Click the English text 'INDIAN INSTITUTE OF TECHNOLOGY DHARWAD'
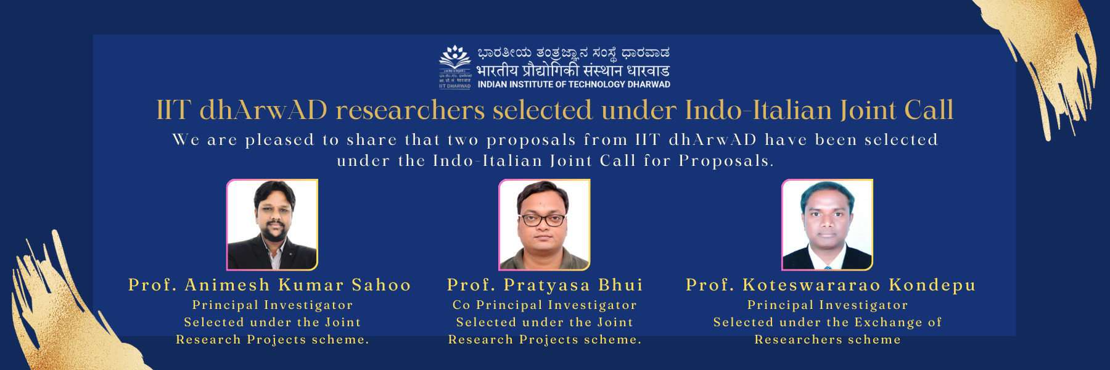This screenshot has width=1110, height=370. [573, 84]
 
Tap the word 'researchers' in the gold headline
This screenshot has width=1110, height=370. [409, 110]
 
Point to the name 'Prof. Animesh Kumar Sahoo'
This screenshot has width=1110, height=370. [269, 285]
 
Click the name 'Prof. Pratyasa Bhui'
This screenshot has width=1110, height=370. [545, 285]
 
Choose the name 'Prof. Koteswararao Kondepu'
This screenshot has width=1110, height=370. [831, 285]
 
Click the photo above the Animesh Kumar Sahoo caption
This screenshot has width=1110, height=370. [273, 224]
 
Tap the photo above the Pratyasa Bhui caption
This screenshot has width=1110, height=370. [545, 224]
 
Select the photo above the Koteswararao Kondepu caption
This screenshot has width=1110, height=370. [827, 224]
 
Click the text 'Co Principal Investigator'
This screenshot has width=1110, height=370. [545, 305]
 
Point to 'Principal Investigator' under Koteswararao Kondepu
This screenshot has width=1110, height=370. [828, 305]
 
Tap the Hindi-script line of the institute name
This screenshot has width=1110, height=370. [573, 70]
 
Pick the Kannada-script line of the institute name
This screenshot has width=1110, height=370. [573, 54]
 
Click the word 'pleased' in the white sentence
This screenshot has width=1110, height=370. [279, 140]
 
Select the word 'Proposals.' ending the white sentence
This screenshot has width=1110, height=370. [726, 161]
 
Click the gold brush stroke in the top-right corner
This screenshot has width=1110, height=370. [1048, 55]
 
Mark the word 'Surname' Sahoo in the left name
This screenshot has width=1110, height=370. [381, 285]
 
